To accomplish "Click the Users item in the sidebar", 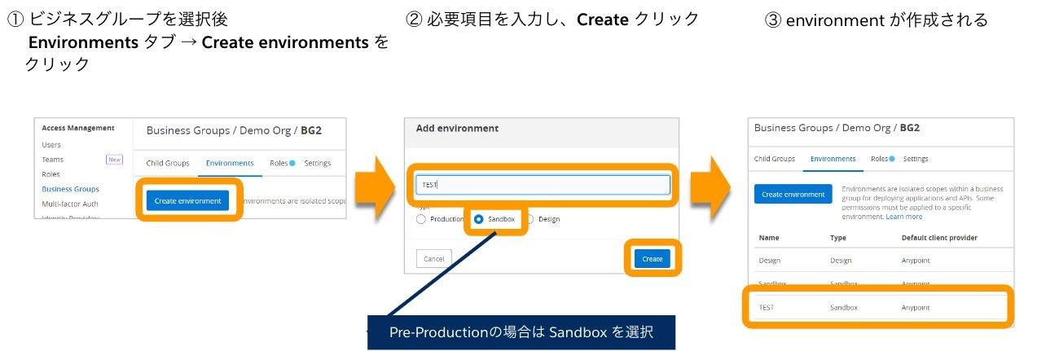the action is tap(51, 144).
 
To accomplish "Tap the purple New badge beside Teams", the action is tap(114, 160).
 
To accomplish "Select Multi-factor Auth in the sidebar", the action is tap(70, 204).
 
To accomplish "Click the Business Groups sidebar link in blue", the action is tap(70, 189).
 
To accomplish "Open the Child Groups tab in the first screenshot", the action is tap(167, 163).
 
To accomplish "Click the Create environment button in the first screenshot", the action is tap(187, 200).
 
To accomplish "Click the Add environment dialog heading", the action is tap(457, 129).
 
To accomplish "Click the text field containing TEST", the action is tap(543, 185).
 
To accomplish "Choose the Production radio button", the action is tap(420, 219).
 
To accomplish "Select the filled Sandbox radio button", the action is tap(478, 219).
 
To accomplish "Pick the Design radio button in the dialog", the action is tap(530, 219).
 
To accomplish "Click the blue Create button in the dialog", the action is tap(652, 259).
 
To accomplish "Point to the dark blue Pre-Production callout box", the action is tap(521, 332).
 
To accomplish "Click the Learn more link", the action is tap(904, 217).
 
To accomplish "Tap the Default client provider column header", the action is tap(939, 238).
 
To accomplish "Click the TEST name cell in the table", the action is tap(766, 308).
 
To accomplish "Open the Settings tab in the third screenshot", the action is tap(916, 159).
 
